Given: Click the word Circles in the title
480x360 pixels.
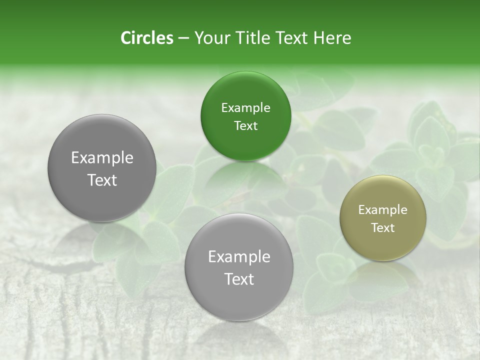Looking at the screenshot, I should (x=146, y=38).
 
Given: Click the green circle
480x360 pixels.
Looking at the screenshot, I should (x=245, y=116).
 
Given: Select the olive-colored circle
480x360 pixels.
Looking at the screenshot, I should (x=383, y=218).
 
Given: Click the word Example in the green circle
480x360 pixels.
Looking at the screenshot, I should (x=245, y=108).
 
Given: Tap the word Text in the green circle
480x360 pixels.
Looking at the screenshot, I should (x=245, y=126).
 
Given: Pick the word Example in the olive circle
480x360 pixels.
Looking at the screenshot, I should (x=383, y=210).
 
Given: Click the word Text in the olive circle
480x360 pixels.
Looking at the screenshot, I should (x=383, y=228).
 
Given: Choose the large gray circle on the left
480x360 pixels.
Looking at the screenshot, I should (x=102, y=168).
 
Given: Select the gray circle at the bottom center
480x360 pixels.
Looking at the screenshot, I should (x=239, y=267).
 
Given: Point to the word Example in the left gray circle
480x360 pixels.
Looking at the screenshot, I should (x=102, y=158).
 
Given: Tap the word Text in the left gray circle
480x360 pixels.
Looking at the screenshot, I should (x=102, y=180).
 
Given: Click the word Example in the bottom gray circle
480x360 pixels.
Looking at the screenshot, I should (x=239, y=257).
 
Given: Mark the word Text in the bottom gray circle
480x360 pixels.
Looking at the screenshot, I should (x=239, y=279).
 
